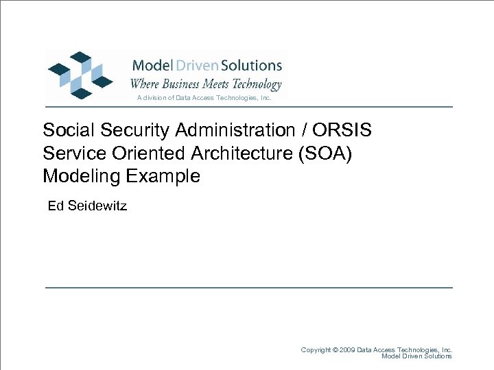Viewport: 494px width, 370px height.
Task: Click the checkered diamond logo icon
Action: pos(80,75)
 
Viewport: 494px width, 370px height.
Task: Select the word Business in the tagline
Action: pos(182,84)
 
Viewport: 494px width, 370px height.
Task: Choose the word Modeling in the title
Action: pos(82,176)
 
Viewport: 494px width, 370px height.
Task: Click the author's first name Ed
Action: pos(56,206)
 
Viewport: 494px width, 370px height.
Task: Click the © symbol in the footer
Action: pos(335,349)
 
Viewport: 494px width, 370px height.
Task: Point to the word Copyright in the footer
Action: pos(316,349)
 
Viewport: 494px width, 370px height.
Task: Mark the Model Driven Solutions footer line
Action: pos(416,356)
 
